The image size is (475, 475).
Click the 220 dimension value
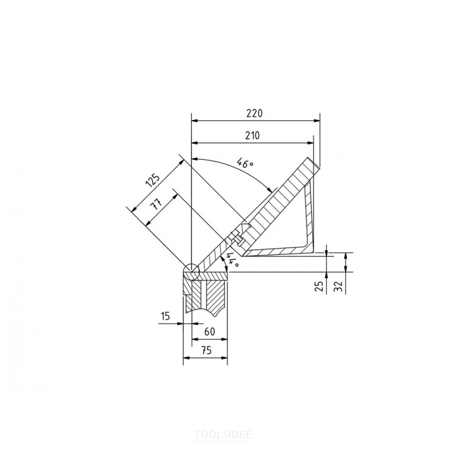click(x=254, y=113)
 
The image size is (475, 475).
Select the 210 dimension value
click(x=252, y=135)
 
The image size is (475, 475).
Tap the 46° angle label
click(x=245, y=163)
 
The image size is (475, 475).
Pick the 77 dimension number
click(x=156, y=204)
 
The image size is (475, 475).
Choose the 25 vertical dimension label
click(x=318, y=286)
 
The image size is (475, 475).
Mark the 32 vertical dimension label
click(x=338, y=286)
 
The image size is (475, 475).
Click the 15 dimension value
click(x=166, y=316)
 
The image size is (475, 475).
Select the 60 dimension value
click(x=210, y=332)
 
